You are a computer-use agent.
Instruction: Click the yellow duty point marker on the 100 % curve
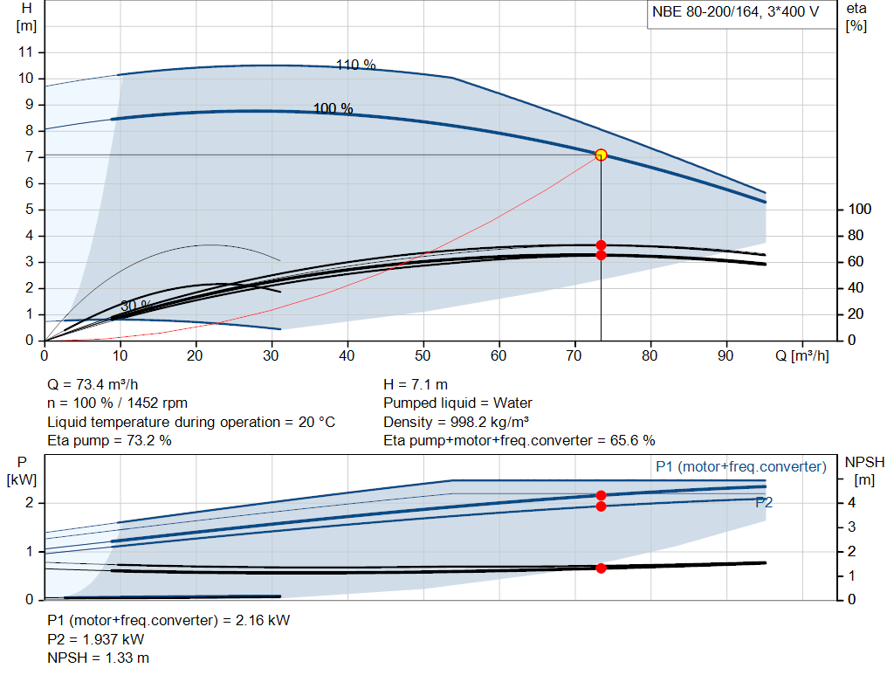(x=601, y=155)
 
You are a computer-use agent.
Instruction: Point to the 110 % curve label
(x=355, y=65)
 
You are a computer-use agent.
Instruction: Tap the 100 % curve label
(x=333, y=108)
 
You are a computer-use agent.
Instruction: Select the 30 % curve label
(x=135, y=306)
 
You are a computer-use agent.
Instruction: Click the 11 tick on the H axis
(x=27, y=52)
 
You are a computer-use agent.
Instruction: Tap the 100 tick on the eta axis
(x=859, y=210)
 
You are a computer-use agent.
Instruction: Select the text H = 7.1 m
(x=416, y=384)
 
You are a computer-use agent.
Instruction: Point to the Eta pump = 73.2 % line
(x=109, y=440)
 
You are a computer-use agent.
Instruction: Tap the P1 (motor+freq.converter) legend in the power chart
(x=740, y=467)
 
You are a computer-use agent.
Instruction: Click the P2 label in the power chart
(x=764, y=502)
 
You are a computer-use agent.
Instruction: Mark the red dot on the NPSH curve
(x=601, y=568)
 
